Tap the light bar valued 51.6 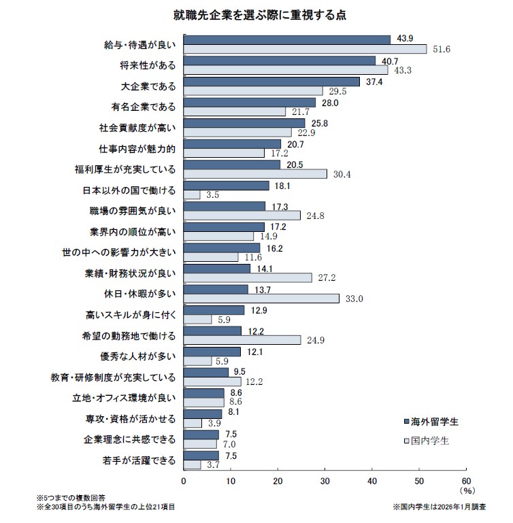(305, 49)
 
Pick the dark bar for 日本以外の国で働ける (227, 185)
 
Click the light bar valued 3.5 (192, 195)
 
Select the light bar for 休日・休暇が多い (261, 298)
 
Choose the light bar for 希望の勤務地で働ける (242, 339)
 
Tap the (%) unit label (467, 490)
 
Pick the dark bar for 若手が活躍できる (201, 456)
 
